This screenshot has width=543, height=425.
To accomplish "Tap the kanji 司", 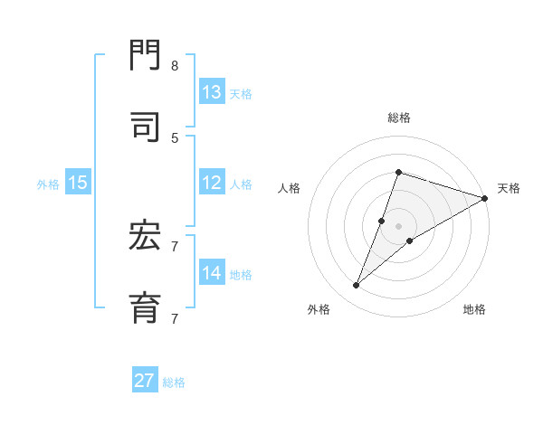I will [146, 127].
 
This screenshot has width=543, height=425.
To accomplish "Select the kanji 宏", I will [146, 237].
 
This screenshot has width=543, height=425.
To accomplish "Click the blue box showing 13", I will [212, 92].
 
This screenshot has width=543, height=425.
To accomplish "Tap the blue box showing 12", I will [212, 183].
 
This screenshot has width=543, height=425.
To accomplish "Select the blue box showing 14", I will [212, 273].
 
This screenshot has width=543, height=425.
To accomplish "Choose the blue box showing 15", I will [78, 183].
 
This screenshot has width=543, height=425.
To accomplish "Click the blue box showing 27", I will [145, 381].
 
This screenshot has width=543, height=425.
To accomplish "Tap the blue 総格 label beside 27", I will [174, 382].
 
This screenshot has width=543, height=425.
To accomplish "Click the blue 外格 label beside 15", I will [48, 184].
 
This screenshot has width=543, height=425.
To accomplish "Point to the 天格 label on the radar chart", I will [509, 188].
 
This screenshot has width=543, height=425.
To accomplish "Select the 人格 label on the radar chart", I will [290, 188].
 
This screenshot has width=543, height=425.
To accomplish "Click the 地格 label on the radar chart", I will [474, 309].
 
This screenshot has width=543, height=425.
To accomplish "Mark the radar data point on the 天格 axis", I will [485, 199].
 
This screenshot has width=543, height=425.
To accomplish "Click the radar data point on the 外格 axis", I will [356, 286].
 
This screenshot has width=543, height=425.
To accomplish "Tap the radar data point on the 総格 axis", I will [398, 172].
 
